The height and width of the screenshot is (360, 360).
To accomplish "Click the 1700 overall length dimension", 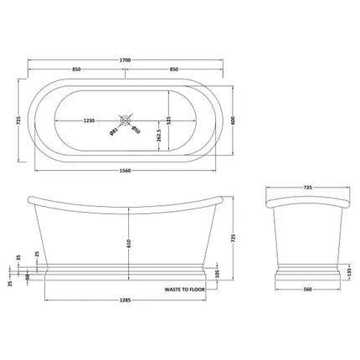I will tap(126, 60).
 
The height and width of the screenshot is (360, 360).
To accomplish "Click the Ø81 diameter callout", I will tap(113, 131).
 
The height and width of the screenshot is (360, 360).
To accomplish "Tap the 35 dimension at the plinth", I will tap(18, 257).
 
